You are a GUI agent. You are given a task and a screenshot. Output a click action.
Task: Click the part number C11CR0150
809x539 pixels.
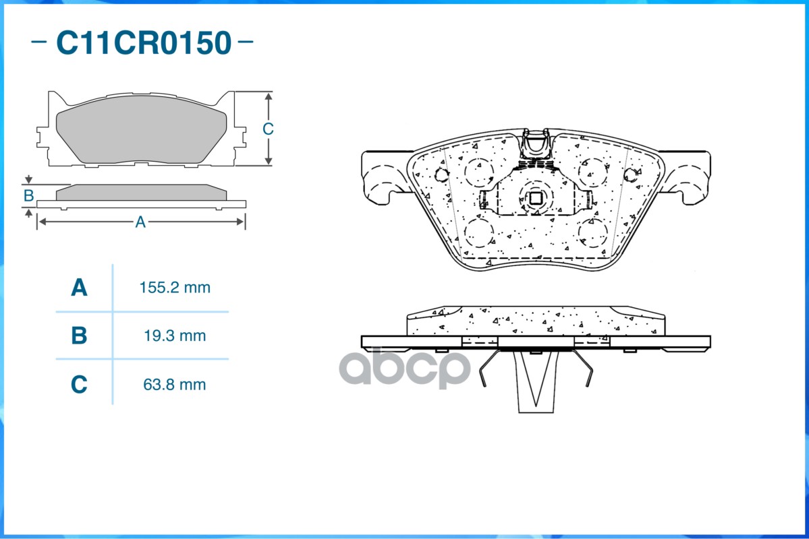point(144,42)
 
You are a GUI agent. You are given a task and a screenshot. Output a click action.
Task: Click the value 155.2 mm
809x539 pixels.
point(175,288)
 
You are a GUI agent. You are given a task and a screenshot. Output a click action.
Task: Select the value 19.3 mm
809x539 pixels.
point(175,336)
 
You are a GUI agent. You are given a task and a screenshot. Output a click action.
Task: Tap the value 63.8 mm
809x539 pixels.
point(175,385)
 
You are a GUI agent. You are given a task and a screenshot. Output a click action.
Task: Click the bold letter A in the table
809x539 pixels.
point(79,288)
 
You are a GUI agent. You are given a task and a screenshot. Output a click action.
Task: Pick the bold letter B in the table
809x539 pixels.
point(79,336)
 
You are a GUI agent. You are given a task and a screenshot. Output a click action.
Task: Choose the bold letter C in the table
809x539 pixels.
point(79,385)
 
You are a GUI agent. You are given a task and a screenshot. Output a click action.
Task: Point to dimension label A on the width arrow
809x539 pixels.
point(140,222)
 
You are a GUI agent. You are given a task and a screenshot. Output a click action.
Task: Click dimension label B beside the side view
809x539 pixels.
point(28,196)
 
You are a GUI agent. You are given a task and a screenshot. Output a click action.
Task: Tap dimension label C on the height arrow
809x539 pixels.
point(268,129)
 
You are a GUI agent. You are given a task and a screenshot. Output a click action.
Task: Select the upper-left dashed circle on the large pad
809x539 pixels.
point(478,172)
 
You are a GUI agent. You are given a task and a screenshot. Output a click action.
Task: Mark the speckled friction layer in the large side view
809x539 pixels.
point(536,321)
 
